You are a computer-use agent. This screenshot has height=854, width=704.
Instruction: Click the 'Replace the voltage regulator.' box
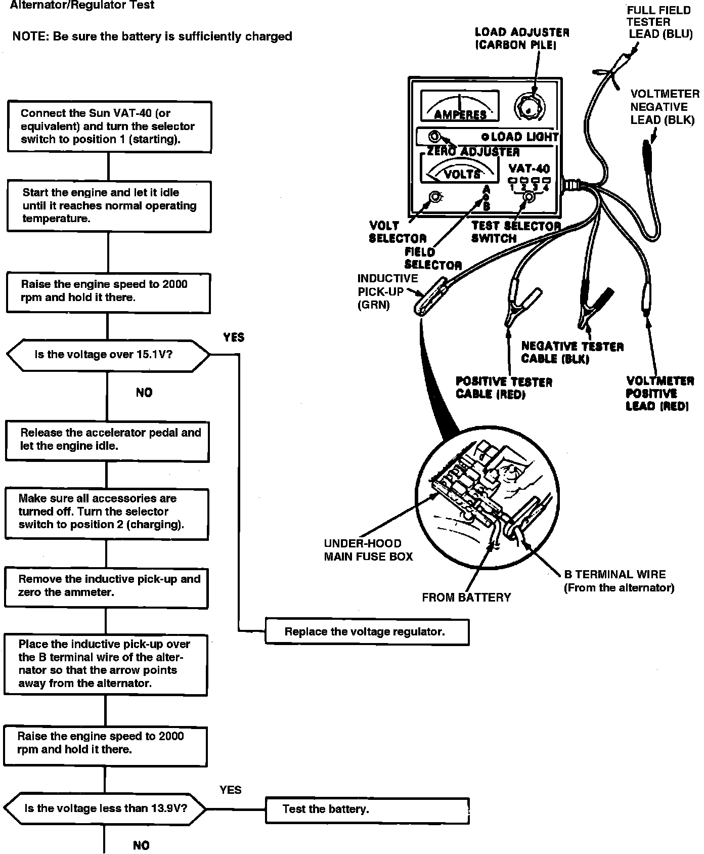tap(367, 631)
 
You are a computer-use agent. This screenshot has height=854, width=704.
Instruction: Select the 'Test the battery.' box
tap(367, 809)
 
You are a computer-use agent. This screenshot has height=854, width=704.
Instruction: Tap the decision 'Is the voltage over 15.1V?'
tap(107, 355)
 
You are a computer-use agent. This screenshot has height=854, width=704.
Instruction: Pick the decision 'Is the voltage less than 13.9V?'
tap(105, 808)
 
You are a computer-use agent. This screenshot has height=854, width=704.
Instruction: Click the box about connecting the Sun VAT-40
tap(109, 126)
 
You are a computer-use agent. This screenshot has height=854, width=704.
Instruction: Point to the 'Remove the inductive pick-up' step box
tap(106, 586)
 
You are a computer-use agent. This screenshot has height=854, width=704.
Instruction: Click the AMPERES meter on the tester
tap(460, 106)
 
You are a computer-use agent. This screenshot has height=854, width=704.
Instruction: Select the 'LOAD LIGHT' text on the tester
tap(524, 137)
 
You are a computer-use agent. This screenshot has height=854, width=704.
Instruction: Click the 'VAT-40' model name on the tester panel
tap(529, 168)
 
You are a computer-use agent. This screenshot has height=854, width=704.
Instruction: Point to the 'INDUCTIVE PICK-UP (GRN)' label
tap(387, 292)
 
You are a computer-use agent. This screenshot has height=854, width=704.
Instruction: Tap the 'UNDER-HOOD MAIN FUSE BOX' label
tap(368, 550)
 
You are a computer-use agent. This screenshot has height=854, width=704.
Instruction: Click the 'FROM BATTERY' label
tap(466, 597)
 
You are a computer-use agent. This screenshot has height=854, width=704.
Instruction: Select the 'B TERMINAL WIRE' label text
tap(615, 575)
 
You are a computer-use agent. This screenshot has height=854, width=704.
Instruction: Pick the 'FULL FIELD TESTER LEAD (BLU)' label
tap(658, 22)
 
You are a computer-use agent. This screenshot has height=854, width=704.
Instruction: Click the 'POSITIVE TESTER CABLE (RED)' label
tap(504, 388)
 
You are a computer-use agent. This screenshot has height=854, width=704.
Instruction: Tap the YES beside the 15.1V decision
tap(234, 337)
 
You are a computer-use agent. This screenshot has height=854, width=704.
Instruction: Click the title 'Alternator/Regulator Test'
tap(82, 6)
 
